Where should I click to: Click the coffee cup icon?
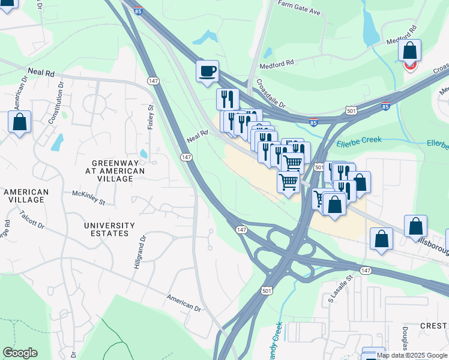coord(207,71)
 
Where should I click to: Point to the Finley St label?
coord(151,117)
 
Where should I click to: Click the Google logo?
coord(20,353)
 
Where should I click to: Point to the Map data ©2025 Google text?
coord(412,355)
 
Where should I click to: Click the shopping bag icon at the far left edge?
coord(19,122)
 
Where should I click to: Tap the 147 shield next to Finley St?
coord(153,80)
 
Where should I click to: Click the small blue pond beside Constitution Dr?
coord(57,142)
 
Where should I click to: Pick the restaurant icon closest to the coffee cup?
coord(228,98)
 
